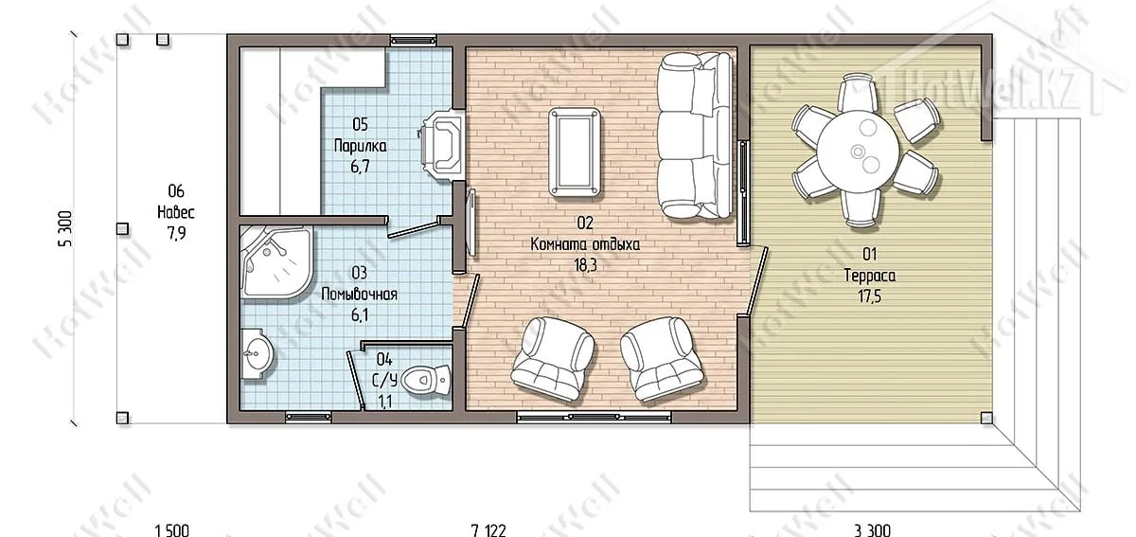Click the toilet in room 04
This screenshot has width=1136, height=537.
(426, 379)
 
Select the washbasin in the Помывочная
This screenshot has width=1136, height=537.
(257, 354)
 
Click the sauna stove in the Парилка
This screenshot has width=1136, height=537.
(441, 145)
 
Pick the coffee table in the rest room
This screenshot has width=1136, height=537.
(575, 152)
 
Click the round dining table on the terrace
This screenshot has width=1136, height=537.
(858, 152)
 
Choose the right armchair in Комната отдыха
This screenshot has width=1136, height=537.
(662, 358)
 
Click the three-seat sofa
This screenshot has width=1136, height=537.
(695, 136)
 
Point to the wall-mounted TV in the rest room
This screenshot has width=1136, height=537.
(471, 223)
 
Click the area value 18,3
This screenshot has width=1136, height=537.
(585, 265)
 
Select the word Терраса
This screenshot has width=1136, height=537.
(870, 276)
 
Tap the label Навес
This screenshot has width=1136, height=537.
(176, 211)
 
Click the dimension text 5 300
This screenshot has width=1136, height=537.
(66, 229)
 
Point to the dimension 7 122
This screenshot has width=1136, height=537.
(488, 529)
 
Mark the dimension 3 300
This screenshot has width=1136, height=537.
(872, 529)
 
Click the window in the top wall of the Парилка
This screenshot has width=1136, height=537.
(414, 40)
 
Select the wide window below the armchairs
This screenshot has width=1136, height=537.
(594, 418)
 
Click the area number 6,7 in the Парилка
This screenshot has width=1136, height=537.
(360, 167)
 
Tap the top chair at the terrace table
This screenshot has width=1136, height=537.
(857, 93)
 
